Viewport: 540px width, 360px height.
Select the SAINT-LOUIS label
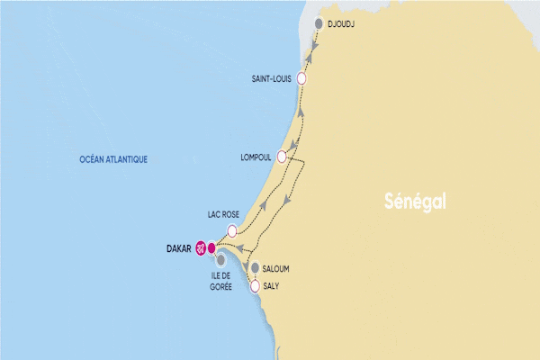pos(272,79)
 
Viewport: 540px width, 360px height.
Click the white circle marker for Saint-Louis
pos(301,79)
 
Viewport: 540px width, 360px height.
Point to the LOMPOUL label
pos(256,157)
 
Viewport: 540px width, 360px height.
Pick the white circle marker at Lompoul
pos(282,157)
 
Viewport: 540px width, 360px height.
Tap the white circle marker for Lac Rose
pos(233,230)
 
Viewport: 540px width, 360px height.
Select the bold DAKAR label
pos(180,248)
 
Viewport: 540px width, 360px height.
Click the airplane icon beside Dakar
pos(201,248)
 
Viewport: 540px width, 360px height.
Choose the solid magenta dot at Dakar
pos(211,248)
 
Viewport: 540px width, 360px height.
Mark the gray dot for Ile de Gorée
pos(220,260)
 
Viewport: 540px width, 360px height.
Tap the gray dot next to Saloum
pos(256,268)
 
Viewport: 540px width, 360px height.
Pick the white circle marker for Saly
pos(256,286)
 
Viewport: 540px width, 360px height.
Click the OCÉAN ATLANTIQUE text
pos(112,160)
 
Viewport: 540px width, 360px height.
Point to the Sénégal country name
pos(414,199)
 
